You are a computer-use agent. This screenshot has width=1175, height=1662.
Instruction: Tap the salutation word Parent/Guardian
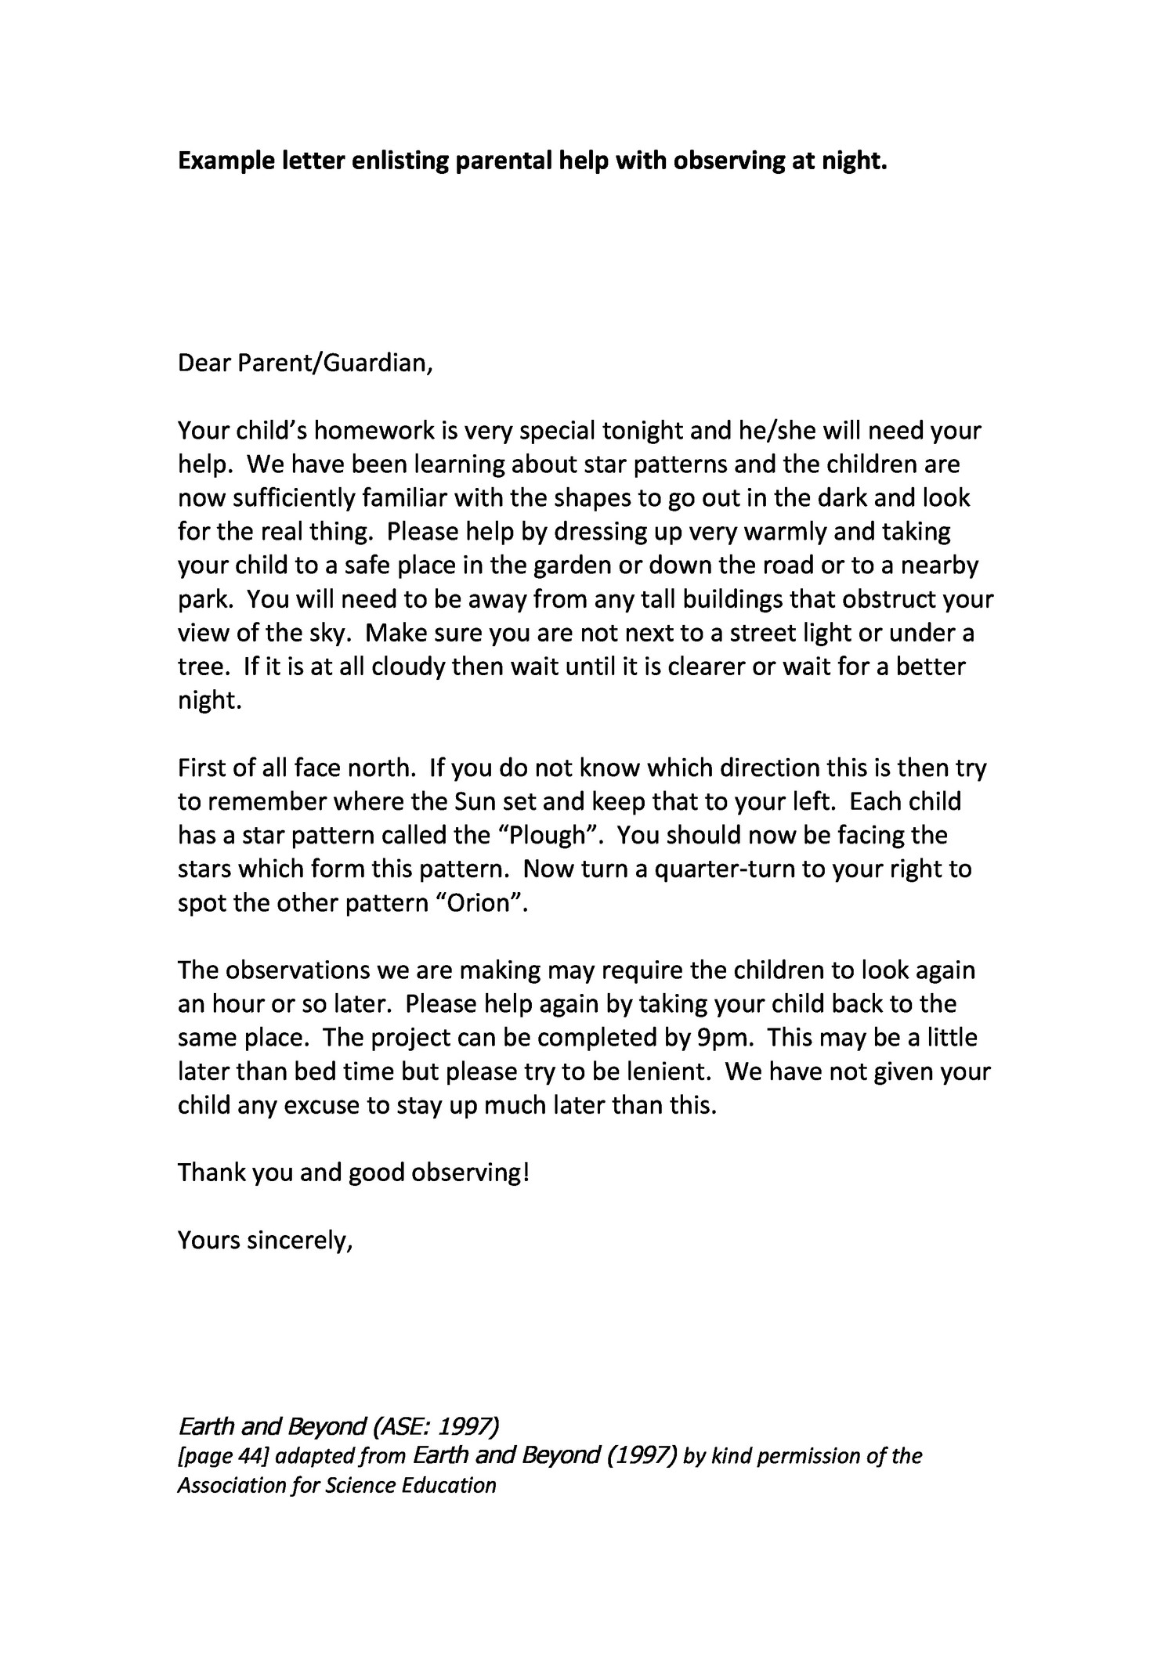coord(334,364)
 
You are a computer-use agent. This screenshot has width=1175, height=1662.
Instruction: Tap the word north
coord(378,768)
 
